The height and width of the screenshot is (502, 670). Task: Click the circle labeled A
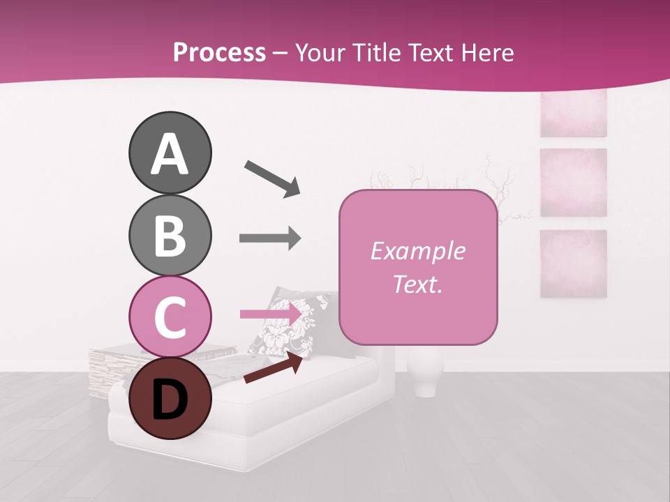coord(170,153)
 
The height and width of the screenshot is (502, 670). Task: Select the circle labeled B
coord(170,235)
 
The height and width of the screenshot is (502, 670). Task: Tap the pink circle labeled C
coord(170,317)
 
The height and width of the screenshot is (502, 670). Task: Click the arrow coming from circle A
coord(271,178)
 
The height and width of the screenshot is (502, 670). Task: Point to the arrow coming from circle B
coord(270,238)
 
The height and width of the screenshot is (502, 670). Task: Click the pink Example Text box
coord(418,267)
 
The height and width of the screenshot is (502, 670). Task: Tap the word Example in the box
coord(418,251)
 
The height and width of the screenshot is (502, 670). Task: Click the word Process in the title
coord(219,52)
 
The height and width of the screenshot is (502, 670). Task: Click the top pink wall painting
coord(573,114)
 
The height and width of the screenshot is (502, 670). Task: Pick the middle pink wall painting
coord(573,182)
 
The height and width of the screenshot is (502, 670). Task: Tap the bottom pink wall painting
coord(573,264)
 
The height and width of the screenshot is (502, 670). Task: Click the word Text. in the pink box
coord(418,284)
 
